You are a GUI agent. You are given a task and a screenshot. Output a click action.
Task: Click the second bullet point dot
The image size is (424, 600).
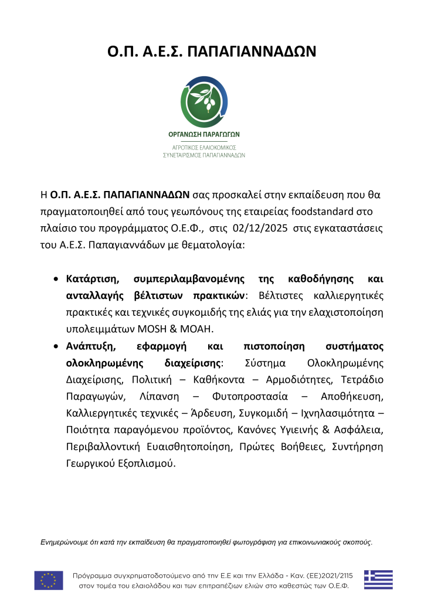[x=56, y=347]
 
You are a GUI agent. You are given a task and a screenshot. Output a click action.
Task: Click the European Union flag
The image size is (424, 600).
[x=49, y=579]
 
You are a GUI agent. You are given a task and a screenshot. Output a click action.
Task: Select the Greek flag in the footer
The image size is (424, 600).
[x=378, y=579]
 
